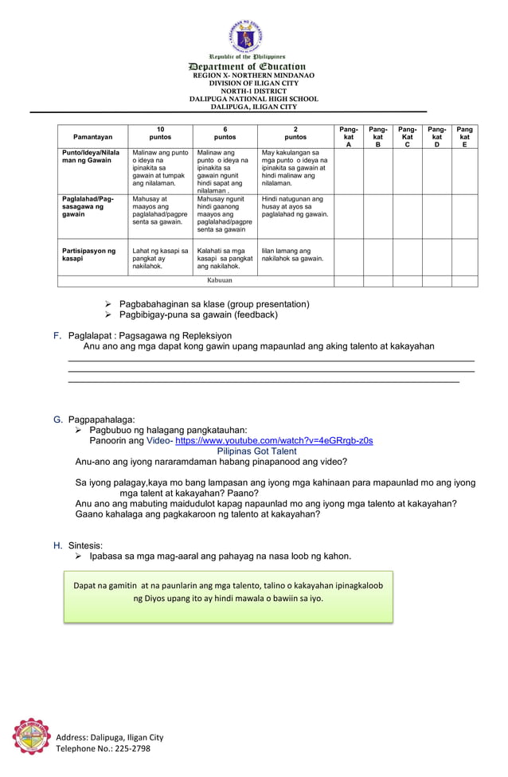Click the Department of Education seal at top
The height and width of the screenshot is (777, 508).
[247, 36]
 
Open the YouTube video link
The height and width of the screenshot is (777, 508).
[274, 440]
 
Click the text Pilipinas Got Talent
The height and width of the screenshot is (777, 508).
[256, 451]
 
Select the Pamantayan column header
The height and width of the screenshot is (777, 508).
[92, 137]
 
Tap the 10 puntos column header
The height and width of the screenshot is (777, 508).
[160, 133]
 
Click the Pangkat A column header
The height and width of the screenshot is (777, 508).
[349, 136]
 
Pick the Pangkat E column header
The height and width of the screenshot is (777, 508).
[465, 136]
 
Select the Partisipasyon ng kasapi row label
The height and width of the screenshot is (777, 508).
[89, 255]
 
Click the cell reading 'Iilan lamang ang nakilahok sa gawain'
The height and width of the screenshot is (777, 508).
[293, 255]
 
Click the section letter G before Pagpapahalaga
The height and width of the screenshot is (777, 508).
[57, 419]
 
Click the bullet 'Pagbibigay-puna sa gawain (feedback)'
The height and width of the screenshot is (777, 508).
[198, 314]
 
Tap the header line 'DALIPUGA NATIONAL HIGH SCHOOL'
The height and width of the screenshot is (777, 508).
[253, 99]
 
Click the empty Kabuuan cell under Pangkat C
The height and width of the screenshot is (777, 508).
[407, 281]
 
